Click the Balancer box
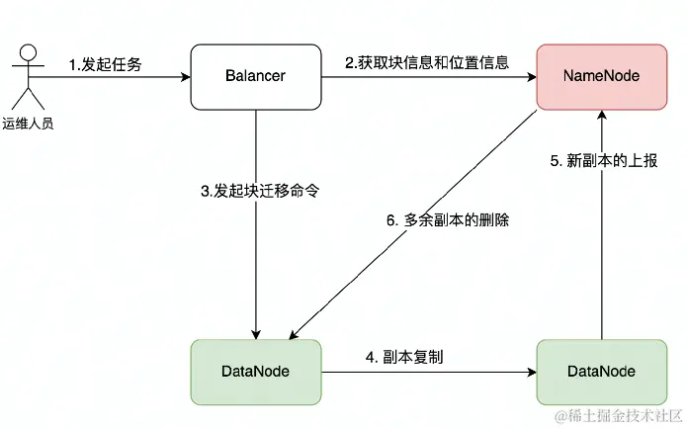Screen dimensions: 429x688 coord(256,76)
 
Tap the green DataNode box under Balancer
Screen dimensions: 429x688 coord(256,372)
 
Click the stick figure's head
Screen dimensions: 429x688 coord(29,51)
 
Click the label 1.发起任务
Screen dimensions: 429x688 coord(106,64)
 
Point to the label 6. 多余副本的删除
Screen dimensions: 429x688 coord(437,219)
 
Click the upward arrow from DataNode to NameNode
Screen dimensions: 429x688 coord(598,247)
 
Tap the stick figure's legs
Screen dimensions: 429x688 coord(29,99)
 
